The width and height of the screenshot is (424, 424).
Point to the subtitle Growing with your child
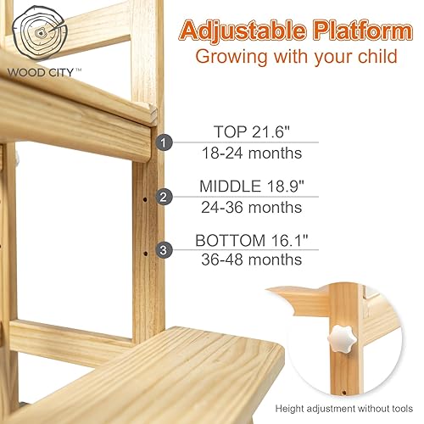tap(296, 58)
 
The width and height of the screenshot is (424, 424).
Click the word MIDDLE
tap(230, 186)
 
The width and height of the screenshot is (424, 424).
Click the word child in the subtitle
tap(374, 58)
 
